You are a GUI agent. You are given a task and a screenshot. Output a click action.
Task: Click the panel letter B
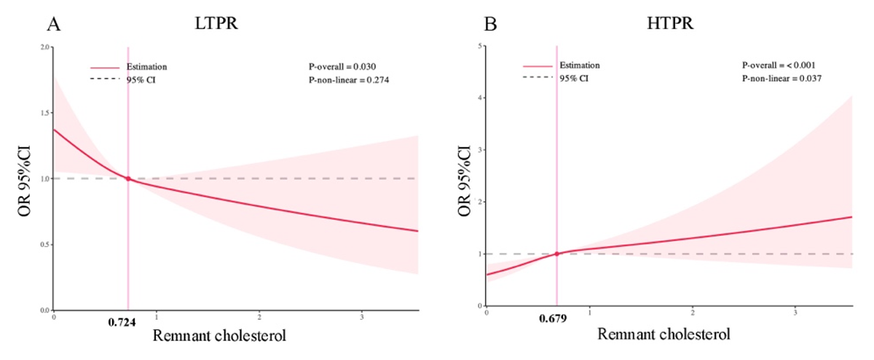click(x=491, y=26)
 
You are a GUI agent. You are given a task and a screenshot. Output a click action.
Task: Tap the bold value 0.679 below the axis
click(x=553, y=318)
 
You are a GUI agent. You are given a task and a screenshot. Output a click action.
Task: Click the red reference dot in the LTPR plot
click(x=128, y=179)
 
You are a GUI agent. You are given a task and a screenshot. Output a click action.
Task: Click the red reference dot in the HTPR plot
click(x=557, y=254)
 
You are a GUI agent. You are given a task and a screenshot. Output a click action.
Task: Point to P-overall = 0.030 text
click(x=342, y=66)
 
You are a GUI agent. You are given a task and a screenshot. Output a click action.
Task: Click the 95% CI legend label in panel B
click(x=574, y=78)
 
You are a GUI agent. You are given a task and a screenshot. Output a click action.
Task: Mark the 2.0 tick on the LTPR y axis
click(x=45, y=47)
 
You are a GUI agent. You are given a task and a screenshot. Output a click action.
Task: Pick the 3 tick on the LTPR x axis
click(x=362, y=316)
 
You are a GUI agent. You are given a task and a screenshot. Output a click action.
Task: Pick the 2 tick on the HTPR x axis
click(x=692, y=312)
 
